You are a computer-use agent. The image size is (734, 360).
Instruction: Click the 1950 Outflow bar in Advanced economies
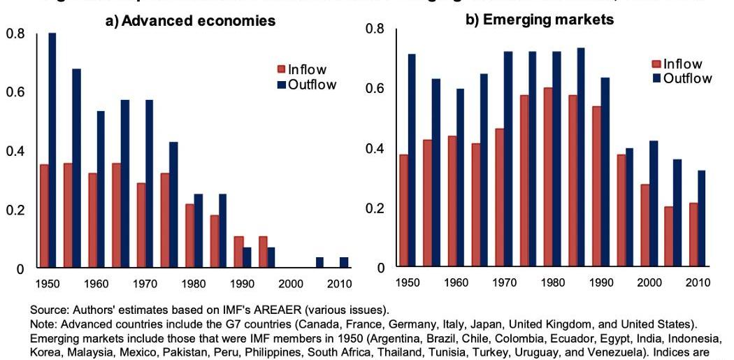tap(52, 150)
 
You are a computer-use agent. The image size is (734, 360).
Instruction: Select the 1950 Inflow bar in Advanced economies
tap(44, 216)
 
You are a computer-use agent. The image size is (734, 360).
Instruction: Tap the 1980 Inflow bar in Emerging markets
tap(549, 178)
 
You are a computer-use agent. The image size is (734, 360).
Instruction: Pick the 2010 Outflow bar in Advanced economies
tap(343, 263)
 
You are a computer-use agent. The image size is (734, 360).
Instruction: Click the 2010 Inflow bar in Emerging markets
tap(693, 235)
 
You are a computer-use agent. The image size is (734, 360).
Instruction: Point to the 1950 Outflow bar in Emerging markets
tap(411, 161)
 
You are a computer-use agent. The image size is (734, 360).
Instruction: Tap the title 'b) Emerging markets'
tap(540, 20)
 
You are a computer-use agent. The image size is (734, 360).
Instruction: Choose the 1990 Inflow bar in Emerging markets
tap(597, 187)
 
